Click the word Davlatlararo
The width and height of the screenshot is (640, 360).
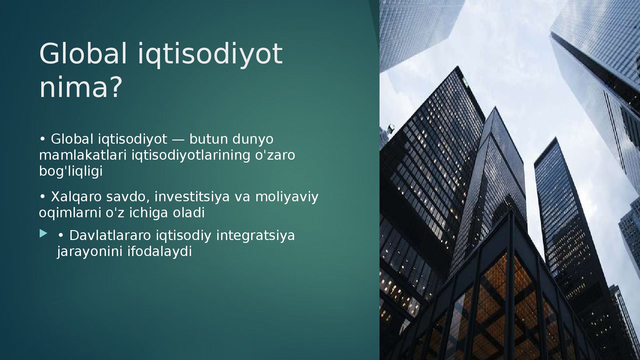coord(110,236)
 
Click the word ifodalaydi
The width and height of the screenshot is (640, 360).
coord(159,252)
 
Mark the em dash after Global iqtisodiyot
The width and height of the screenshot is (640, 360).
coord(178,140)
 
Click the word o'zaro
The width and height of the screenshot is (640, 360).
coord(275,155)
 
